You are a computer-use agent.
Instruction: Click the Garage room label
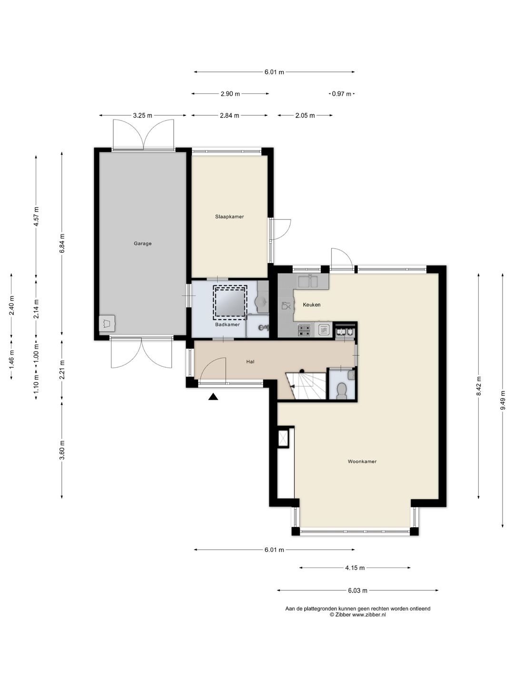click(x=143, y=243)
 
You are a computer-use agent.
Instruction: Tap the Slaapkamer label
click(x=229, y=217)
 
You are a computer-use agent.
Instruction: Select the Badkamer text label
click(x=227, y=324)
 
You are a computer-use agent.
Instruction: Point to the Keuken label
click(x=311, y=305)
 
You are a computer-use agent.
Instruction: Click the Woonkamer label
click(x=362, y=461)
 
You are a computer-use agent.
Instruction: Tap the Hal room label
click(x=250, y=362)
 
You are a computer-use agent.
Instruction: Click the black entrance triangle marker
click(x=213, y=397)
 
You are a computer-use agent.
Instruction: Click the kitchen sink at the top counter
click(x=308, y=281)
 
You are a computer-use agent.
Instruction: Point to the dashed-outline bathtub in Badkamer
click(x=230, y=302)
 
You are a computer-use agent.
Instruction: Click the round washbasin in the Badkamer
click(x=261, y=302)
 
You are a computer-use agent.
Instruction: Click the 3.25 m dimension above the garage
click(x=143, y=115)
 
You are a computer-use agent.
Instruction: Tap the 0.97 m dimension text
click(x=341, y=93)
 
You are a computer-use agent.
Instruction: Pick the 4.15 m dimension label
click(x=355, y=567)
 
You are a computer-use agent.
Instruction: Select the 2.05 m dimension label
click(x=305, y=115)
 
